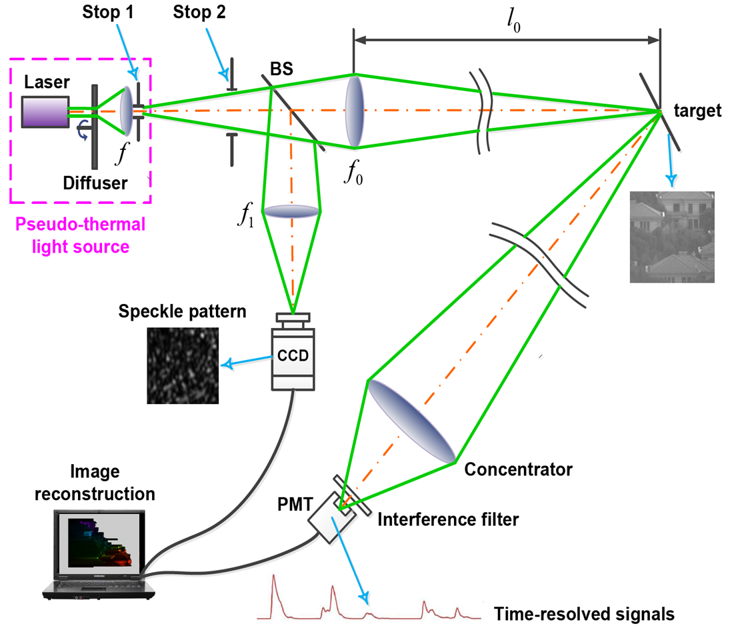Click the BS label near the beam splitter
[x=281, y=69]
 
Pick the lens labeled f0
[x=355, y=111]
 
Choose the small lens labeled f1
[x=291, y=211]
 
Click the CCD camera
[x=293, y=355]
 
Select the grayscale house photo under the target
[x=672, y=237]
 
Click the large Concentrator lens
[x=411, y=423]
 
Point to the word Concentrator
[x=518, y=469]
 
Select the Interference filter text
[x=447, y=519]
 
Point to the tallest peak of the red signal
[x=273, y=578]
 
